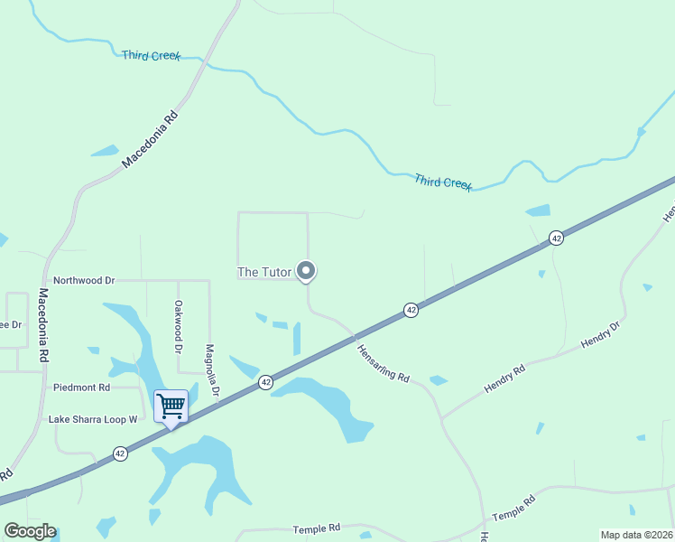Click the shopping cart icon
point(171,406)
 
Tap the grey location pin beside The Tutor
point(307,270)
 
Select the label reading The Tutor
point(264,272)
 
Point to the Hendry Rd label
point(504,378)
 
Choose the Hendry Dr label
point(601,334)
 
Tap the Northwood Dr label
point(84,281)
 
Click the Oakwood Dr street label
point(179,326)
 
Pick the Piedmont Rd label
point(81,388)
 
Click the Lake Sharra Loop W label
point(93,419)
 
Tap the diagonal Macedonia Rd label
point(151,140)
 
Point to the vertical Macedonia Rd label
point(42,325)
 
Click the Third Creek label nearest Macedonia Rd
point(151,56)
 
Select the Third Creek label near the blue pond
point(443,182)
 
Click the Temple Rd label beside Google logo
point(316,528)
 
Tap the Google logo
point(30,531)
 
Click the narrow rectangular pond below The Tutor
point(297,339)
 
